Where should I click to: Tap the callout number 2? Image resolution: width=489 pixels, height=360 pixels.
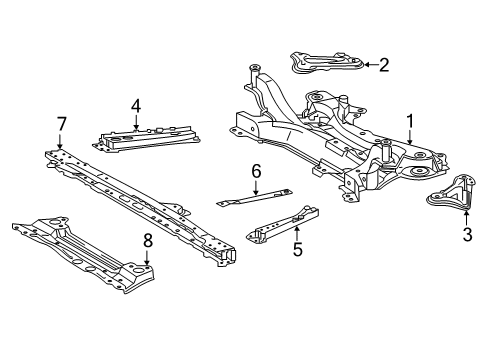tap(384, 65)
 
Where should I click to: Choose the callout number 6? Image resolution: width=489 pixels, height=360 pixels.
tap(256, 171)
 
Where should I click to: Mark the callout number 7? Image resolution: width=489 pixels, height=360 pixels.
tap(61, 123)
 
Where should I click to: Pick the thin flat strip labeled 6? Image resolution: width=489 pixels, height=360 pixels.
tap(255, 199)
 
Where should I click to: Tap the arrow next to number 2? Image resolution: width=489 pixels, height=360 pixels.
tap(367, 65)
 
